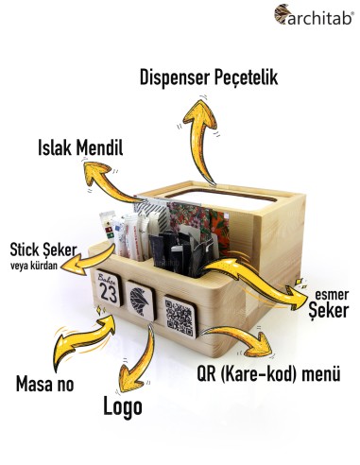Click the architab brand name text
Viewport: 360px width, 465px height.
point(317,14)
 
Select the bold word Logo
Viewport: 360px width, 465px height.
point(122,407)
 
